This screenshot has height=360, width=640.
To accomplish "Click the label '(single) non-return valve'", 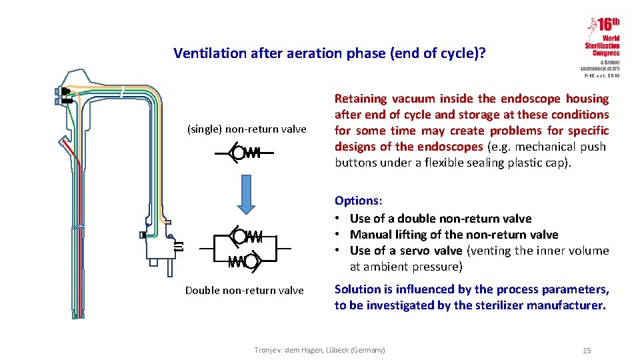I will [x=246, y=129].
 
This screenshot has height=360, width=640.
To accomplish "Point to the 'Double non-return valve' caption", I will [x=244, y=290].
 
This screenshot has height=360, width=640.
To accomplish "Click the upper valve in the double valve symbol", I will [x=245, y=236].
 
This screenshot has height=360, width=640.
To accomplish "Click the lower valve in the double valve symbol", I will [x=244, y=261].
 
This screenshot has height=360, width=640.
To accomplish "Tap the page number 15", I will [x=587, y=351].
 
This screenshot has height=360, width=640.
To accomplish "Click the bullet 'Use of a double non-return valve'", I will [x=440, y=219].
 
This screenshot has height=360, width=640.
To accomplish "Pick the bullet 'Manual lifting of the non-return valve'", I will [x=453, y=235].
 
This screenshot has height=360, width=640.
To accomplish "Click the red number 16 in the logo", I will [x=607, y=25].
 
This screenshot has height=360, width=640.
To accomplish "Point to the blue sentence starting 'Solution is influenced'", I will [x=471, y=297].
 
